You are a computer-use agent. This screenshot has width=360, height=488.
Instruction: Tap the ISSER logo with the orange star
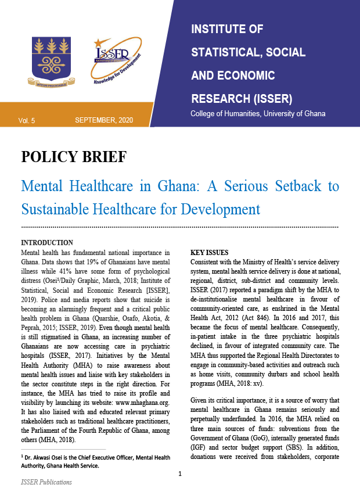pos(116,62)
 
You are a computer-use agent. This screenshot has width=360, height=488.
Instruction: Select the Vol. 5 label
pos(27,120)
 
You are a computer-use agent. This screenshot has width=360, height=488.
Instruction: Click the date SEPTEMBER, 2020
pos(104,120)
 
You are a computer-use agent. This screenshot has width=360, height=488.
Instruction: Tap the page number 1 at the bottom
pos(180,474)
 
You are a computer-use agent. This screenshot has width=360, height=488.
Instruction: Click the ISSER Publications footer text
pos(47,482)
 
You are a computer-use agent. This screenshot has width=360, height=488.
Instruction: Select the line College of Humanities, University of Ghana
pos(258,113)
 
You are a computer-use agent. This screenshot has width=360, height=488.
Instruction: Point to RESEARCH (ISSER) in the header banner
pos(242,97)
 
